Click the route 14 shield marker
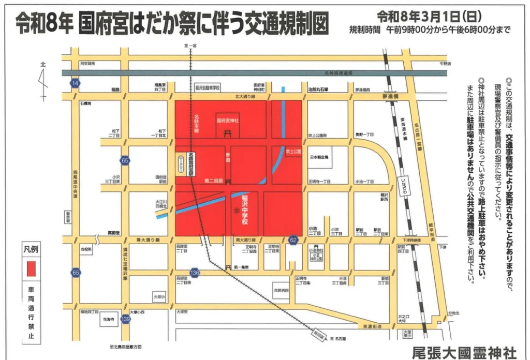point(76,83)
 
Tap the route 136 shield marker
point(195,272)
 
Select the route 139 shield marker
point(125,320)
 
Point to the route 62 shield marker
point(293,239)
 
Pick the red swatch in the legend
point(31,269)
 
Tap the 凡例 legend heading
point(31,249)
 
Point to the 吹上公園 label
point(293,152)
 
